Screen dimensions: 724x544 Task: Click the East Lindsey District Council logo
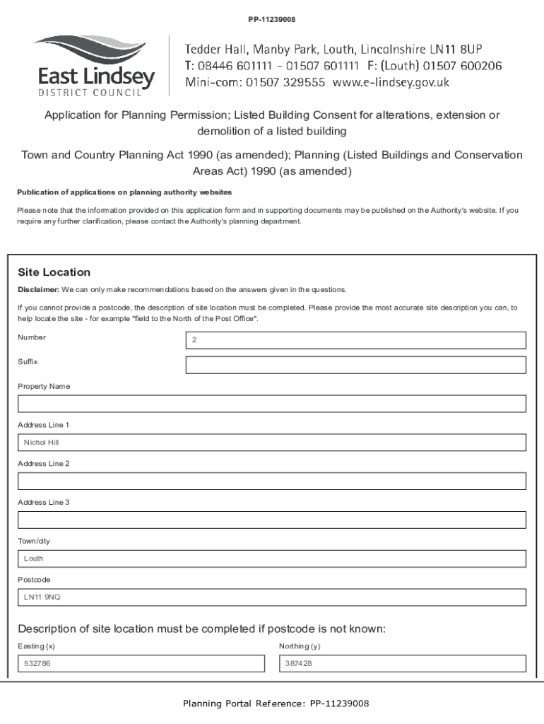(94, 64)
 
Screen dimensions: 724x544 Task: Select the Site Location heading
(54, 272)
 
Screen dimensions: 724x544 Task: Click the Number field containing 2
(355, 340)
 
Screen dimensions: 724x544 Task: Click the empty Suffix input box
(355, 365)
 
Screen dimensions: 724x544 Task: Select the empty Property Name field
(272, 404)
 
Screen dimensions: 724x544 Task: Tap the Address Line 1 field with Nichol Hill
(272, 443)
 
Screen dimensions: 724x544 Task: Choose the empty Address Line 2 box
(272, 481)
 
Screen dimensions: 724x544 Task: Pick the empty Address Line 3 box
(272, 520)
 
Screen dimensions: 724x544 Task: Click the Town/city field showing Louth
(272, 559)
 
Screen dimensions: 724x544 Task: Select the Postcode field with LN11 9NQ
(272, 597)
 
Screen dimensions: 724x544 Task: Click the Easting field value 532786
(141, 664)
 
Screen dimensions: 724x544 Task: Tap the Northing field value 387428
(402, 664)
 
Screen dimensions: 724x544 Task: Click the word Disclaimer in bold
(38, 290)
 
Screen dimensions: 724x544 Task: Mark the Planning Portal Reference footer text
(276, 703)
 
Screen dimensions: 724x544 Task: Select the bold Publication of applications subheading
(124, 192)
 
